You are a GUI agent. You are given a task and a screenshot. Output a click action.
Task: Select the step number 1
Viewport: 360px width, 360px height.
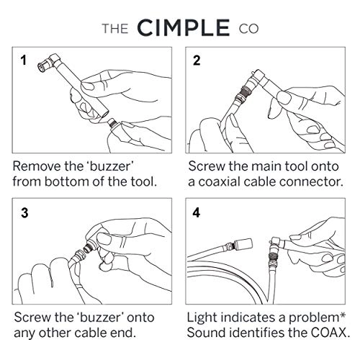coord(23,61)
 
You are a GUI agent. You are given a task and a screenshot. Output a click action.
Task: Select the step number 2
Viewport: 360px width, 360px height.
coord(197,61)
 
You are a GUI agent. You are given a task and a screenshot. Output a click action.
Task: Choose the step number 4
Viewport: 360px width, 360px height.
coord(197,214)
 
